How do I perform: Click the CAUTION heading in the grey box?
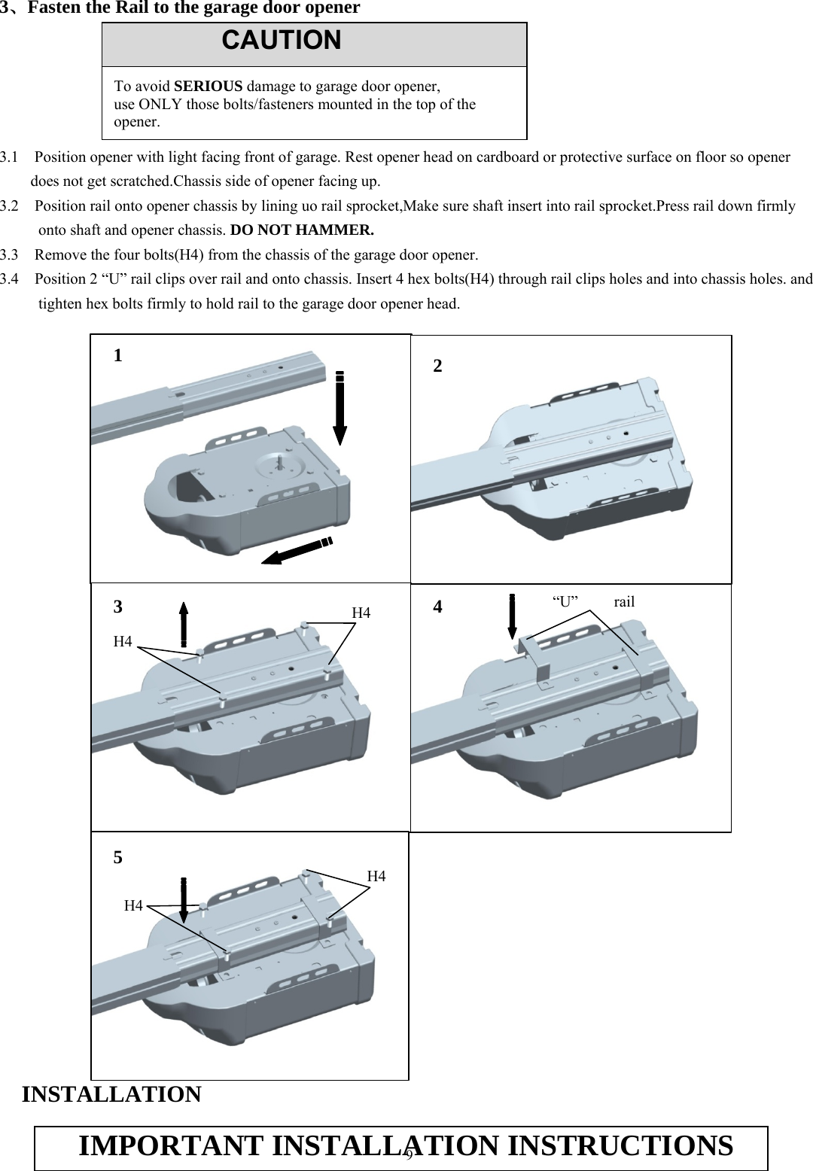tap(282, 41)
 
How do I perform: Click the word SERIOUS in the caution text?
tap(213, 86)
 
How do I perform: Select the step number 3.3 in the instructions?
tap(10, 254)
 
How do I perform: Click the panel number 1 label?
tap(118, 356)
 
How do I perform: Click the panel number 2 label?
tap(437, 367)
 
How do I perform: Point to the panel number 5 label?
tap(117, 857)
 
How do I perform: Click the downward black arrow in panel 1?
tap(340, 406)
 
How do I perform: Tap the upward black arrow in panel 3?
tap(184, 624)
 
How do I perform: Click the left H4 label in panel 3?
tap(123, 642)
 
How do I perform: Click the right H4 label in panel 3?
tap(361, 613)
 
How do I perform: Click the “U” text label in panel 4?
tap(565, 602)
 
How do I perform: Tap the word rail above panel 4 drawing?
tap(624, 602)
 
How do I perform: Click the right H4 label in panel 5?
tap(376, 877)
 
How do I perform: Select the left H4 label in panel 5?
tap(133, 906)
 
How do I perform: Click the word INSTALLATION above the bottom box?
tap(111, 1094)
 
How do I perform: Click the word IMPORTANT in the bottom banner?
tap(172, 1146)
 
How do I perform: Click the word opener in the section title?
tap(331, 8)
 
